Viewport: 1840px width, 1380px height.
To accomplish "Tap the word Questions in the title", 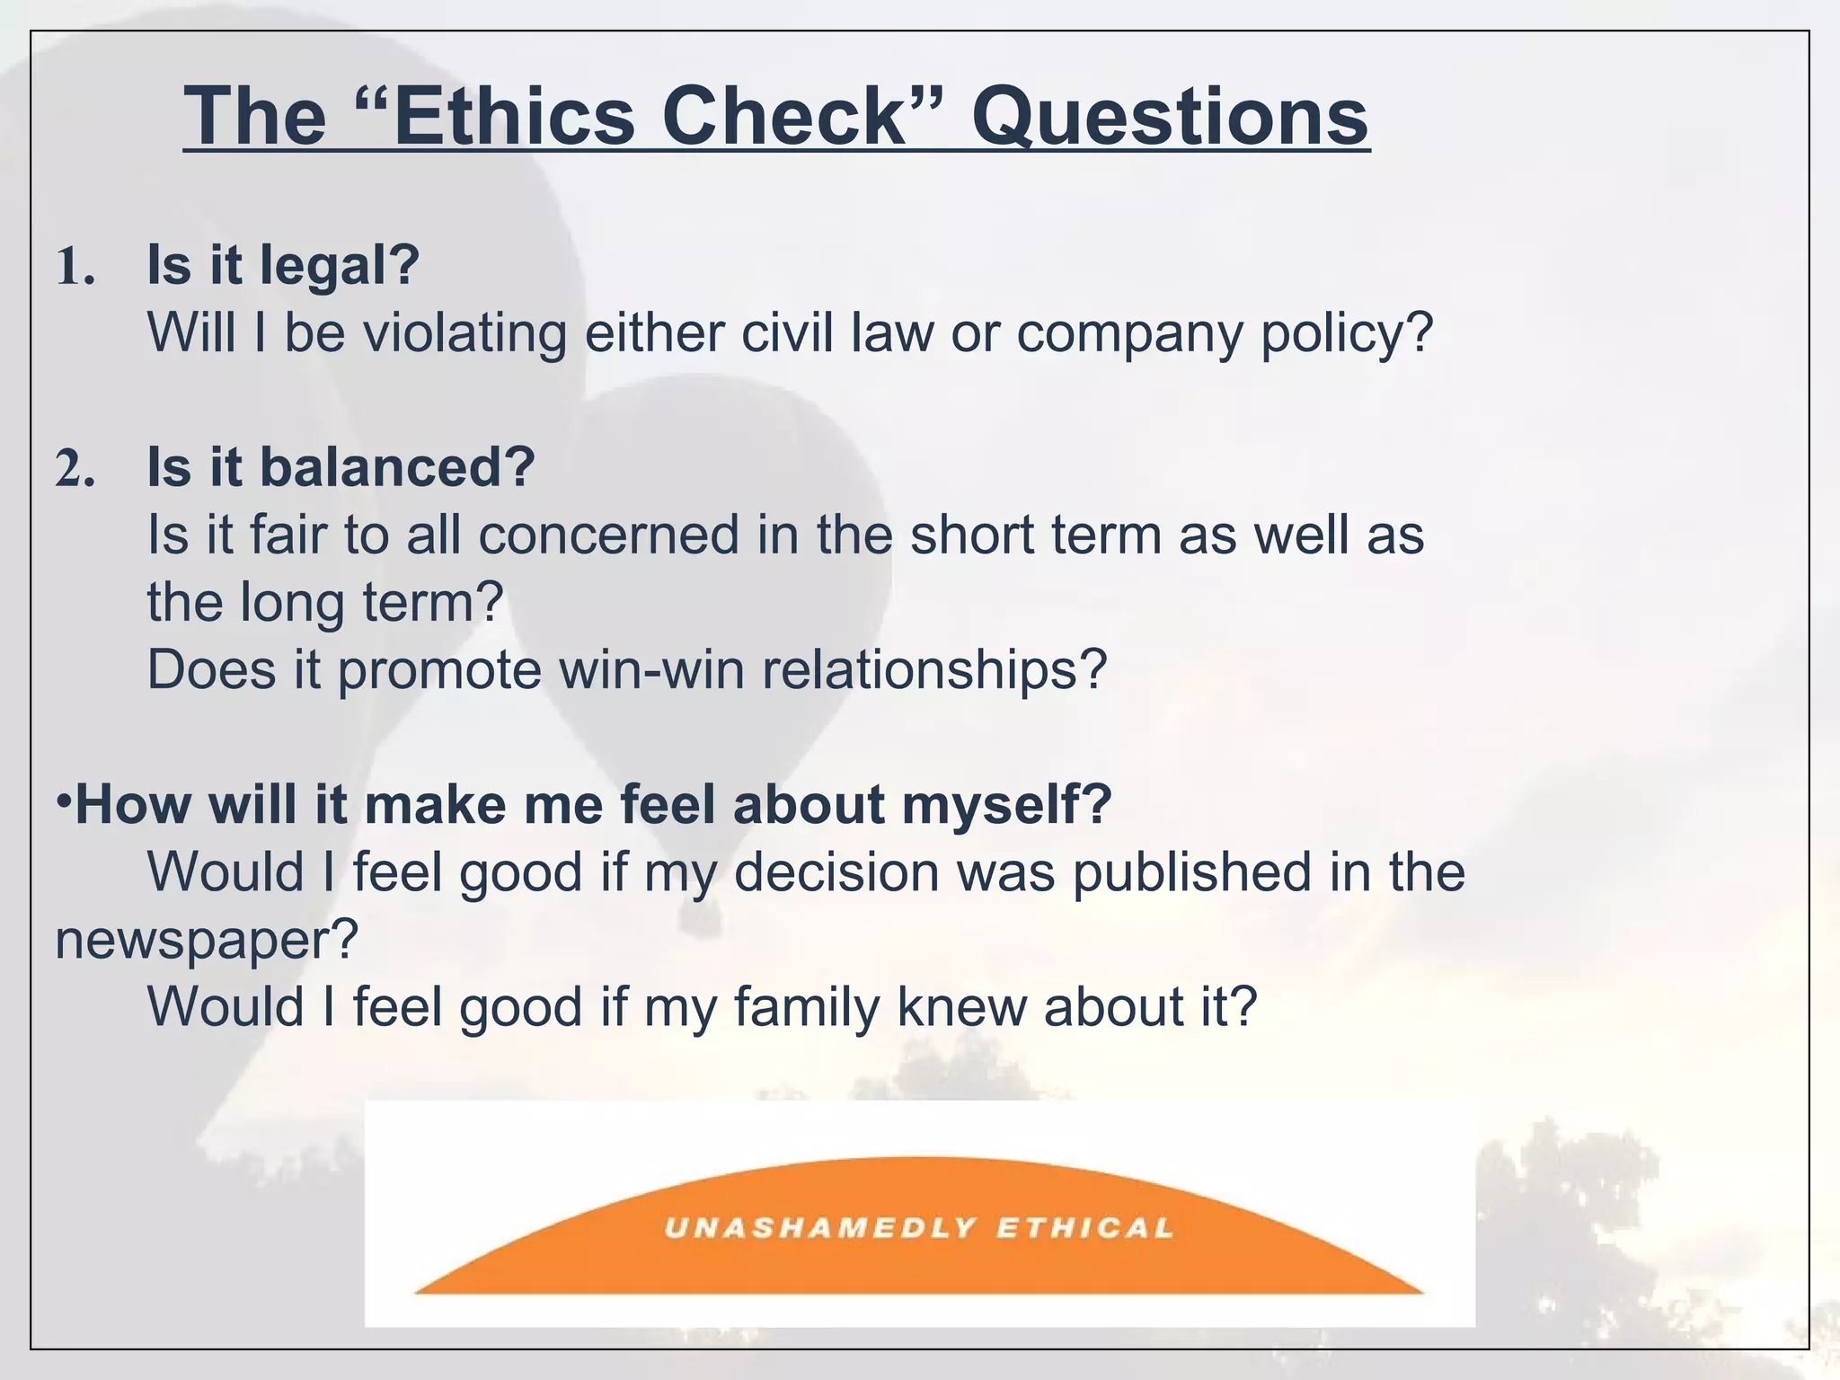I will point(1170,119).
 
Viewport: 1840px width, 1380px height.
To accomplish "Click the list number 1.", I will point(75,268).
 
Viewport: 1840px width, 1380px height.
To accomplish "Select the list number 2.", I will point(75,469).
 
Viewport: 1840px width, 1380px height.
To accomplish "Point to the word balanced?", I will point(397,467).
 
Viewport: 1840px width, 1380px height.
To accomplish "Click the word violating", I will point(464,332).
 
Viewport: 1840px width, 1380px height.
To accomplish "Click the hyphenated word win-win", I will point(650,669).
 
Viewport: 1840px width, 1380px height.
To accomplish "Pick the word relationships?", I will point(934,671).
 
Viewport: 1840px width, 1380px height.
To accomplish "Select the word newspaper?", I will point(207,941).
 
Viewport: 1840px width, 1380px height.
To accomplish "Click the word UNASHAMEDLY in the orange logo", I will point(819,1227).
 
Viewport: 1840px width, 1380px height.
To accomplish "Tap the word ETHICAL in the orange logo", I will point(1084,1227).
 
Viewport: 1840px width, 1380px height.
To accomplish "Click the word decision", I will point(836,871).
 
